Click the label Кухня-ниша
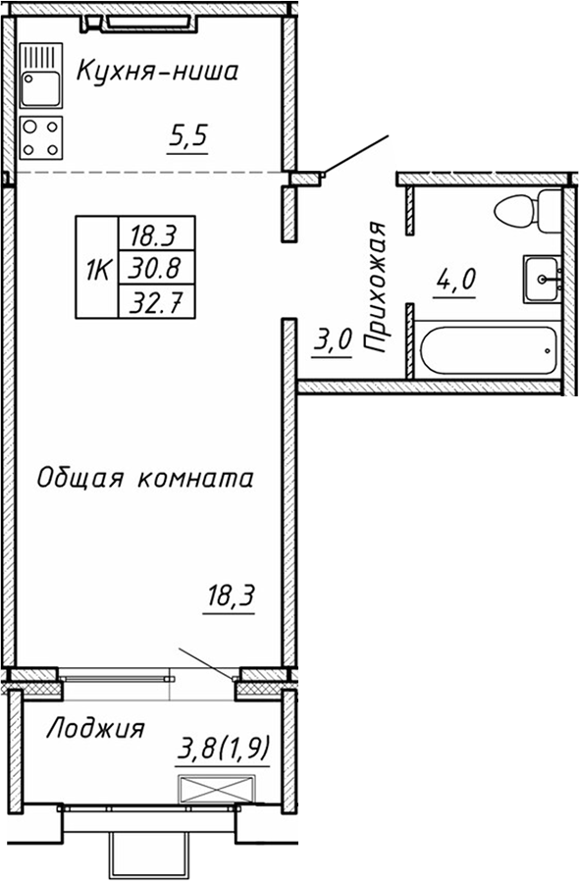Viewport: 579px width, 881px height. tap(157, 72)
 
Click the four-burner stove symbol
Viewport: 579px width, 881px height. tap(40, 136)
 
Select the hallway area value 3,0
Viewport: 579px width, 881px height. tap(333, 342)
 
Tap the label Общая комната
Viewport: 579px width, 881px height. tap(145, 478)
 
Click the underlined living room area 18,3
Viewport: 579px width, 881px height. tap(230, 595)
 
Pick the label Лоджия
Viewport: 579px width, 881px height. tap(96, 729)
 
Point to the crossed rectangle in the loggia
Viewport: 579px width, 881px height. tap(216, 789)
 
